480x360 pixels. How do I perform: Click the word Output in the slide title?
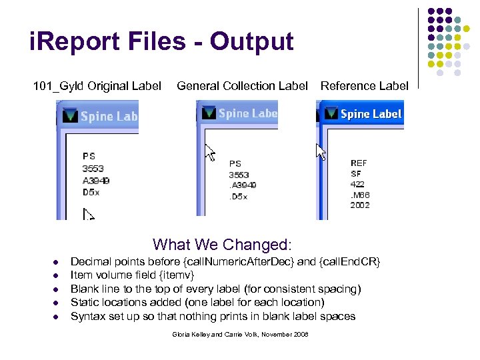tap(251, 42)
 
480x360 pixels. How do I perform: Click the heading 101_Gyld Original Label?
tap(97, 86)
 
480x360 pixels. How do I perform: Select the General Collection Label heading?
tap(242, 86)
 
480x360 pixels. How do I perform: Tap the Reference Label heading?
tap(364, 86)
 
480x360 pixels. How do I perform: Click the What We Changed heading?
tap(223, 245)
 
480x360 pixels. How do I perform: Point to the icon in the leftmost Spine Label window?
tap(69, 116)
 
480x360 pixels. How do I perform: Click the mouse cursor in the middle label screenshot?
tap(210, 153)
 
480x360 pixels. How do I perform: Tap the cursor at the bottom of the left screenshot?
tap(89, 214)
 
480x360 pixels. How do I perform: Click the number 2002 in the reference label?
tap(359, 205)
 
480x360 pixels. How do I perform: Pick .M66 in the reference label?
tap(360, 195)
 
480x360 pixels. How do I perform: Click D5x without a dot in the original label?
tap(91, 191)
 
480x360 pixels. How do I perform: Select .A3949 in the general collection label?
tap(242, 185)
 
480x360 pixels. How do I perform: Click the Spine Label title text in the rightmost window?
tap(371, 114)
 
